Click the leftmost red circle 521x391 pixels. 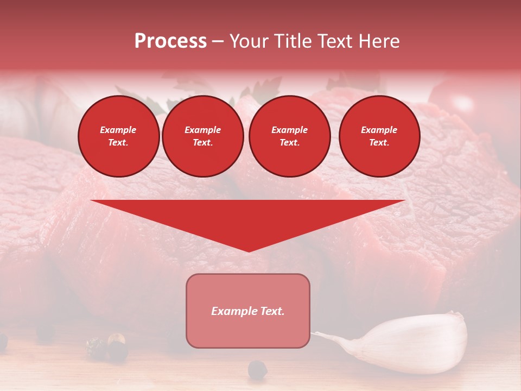pyautogui.click(x=119, y=136)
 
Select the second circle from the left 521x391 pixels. pyautogui.click(x=202, y=136)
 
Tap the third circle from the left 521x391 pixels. pyautogui.click(x=289, y=136)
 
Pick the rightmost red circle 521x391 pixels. pyautogui.click(x=379, y=136)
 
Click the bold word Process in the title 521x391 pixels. pyautogui.click(x=170, y=41)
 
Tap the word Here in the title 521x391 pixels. pyautogui.click(x=380, y=41)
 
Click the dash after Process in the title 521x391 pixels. pyautogui.click(x=218, y=42)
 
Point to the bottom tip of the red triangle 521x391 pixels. pyautogui.click(x=249, y=251)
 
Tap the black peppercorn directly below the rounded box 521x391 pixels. pyautogui.click(x=258, y=369)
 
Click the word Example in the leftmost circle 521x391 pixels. pyautogui.click(x=118, y=130)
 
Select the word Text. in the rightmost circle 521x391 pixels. pyautogui.click(x=379, y=142)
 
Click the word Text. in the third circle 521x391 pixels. pyautogui.click(x=289, y=142)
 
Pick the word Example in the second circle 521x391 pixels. pyautogui.click(x=202, y=130)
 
